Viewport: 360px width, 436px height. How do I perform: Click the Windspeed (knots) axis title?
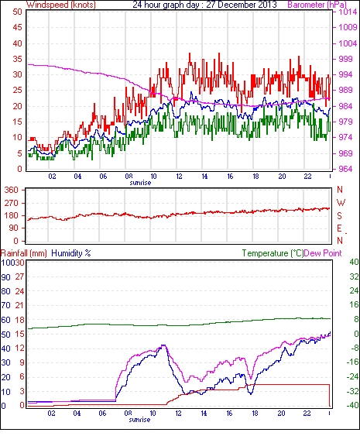pyautogui.click(x=61, y=5)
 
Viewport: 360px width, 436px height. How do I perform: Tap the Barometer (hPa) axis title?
pyautogui.click(x=317, y=5)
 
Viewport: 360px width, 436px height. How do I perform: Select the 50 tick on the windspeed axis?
pyautogui.click(x=17, y=12)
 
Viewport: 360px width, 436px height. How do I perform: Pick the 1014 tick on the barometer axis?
pyautogui.click(x=348, y=12)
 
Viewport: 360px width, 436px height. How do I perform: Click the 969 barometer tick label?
pyautogui.click(x=345, y=153)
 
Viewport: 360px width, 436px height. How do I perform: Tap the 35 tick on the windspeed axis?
pyautogui.click(x=17, y=59)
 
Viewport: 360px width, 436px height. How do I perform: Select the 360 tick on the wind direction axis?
pyautogui.click(x=12, y=190)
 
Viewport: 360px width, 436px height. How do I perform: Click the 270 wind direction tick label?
pyautogui.click(x=12, y=203)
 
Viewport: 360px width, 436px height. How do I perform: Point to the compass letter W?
pyautogui.click(x=341, y=203)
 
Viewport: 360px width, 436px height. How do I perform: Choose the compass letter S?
pyautogui.click(x=339, y=215)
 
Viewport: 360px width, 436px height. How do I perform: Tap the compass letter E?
pyautogui.click(x=339, y=228)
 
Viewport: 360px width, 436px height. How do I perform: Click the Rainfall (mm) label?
pyautogui.click(x=24, y=253)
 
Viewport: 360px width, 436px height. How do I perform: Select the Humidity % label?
pyautogui.click(x=71, y=253)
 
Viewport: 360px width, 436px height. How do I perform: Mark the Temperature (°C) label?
pyautogui.click(x=273, y=253)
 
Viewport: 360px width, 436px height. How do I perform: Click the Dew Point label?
pyautogui.click(x=323, y=253)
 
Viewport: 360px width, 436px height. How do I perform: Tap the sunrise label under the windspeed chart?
pyautogui.click(x=140, y=183)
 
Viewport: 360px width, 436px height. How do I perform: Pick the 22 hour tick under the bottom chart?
pyautogui.click(x=307, y=414)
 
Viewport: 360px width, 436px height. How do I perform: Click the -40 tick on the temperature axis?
pyautogui.click(x=352, y=405)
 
